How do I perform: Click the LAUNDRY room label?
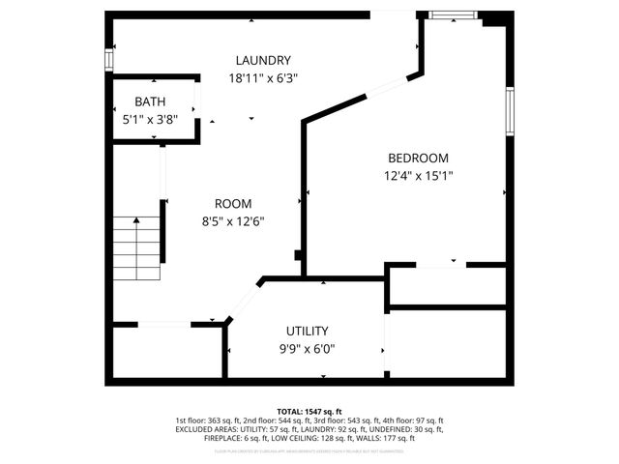tap(262, 61)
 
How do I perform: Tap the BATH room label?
tap(150, 101)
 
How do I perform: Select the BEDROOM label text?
tap(418, 159)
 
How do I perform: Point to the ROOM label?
tap(233, 204)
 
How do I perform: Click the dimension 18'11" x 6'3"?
tap(262, 78)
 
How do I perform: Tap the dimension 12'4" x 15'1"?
tap(418, 176)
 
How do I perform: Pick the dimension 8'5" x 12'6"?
tap(233, 221)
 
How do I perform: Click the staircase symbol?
tap(136, 248)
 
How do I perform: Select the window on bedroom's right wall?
tap(509, 110)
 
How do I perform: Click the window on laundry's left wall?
tap(108, 58)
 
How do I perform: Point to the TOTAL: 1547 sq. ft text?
tap(309, 411)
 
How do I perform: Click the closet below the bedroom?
tap(447, 286)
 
